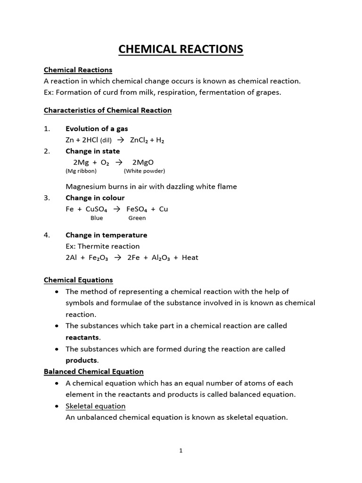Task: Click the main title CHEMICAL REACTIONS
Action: (x=181, y=49)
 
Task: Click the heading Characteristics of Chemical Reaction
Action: (x=107, y=110)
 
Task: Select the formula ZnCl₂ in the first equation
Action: (x=140, y=140)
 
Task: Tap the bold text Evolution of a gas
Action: (x=97, y=129)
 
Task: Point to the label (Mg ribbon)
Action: (x=81, y=171)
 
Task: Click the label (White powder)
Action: (x=144, y=171)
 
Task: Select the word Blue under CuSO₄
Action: (x=97, y=218)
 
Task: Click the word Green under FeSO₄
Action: (x=137, y=218)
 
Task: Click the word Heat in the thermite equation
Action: (x=190, y=258)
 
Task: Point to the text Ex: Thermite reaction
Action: (x=103, y=246)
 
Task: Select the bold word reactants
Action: (x=82, y=337)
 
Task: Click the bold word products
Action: (x=81, y=360)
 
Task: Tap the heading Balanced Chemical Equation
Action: (x=94, y=372)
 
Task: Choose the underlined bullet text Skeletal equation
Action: (x=96, y=406)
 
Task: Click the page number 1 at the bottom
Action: (x=181, y=450)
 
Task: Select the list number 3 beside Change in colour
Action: (x=47, y=198)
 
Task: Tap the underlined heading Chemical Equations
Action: (x=78, y=280)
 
